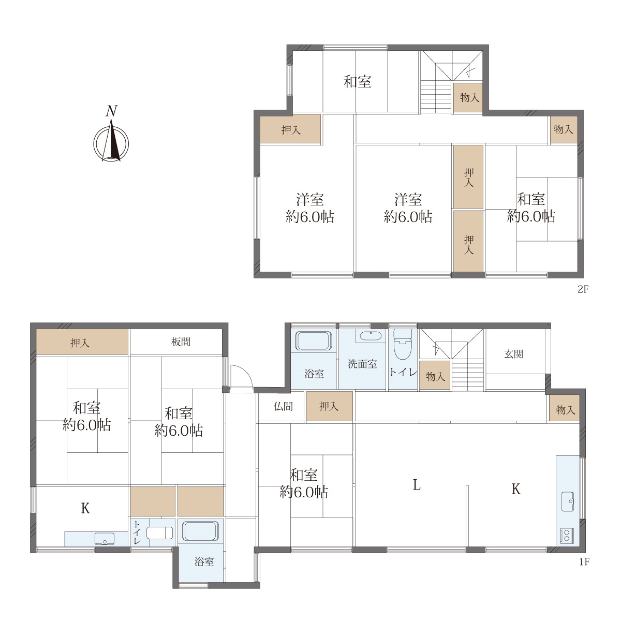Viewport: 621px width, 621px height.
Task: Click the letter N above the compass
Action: [111, 111]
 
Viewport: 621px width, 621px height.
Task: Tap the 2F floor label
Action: [583, 289]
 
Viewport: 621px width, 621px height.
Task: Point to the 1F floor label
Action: [584, 562]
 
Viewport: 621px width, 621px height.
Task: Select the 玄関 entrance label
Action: [513, 354]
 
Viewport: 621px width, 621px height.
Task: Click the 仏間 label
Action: [283, 406]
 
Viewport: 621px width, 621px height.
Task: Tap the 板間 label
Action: [181, 342]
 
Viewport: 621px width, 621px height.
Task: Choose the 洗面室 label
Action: [362, 364]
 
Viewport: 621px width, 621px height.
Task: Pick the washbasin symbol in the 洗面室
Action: [371, 336]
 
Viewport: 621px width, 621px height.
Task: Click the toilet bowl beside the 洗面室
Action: [403, 344]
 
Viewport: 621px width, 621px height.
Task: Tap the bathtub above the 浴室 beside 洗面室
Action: [314, 341]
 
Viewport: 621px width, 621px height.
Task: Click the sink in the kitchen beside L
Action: [568, 502]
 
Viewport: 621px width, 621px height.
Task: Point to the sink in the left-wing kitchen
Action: [105, 539]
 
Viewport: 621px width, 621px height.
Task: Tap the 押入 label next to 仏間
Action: [329, 406]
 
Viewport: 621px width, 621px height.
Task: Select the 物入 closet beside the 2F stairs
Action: [468, 98]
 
